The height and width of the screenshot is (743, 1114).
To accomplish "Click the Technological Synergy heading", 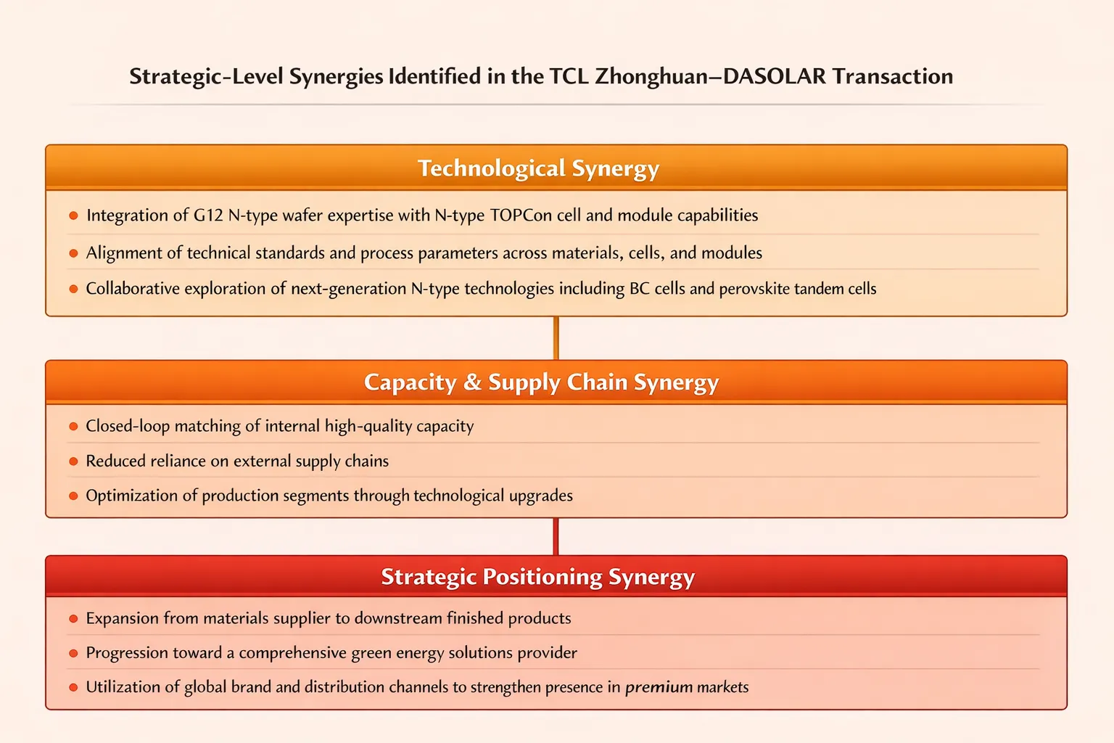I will coord(538,168).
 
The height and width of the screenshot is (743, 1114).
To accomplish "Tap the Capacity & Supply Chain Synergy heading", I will coord(541,382).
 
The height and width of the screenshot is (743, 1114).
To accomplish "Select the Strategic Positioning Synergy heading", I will coord(537,577).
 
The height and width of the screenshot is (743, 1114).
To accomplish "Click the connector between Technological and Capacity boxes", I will coord(556,338).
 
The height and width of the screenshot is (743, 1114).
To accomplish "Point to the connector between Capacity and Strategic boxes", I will coord(556,537).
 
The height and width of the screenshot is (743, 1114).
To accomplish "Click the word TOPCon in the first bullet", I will coord(521,215).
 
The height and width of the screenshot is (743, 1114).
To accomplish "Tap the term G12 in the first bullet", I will coord(208,215).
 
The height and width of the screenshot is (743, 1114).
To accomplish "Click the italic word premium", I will coord(659,687).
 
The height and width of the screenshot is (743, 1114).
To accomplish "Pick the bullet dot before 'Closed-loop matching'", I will coord(73,427).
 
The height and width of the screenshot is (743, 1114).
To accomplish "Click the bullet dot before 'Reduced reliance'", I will coord(73,461).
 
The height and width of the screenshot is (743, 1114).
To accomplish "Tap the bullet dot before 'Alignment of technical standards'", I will coord(73,253).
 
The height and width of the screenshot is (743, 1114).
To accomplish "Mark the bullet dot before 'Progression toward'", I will coord(73,653).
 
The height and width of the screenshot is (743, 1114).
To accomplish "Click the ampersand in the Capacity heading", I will coord(472,382).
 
